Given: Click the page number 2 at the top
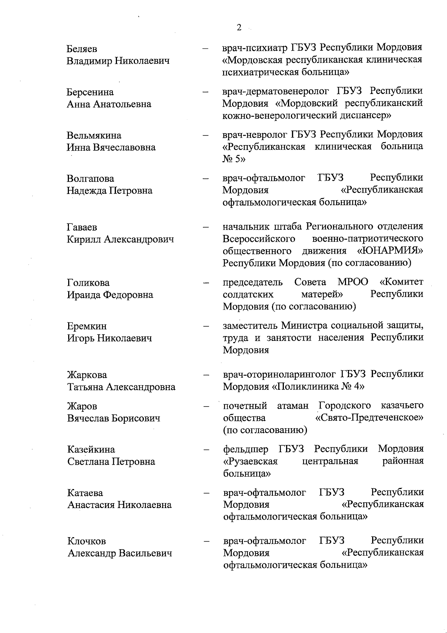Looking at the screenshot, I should coord(239,28).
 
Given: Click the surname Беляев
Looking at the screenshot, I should coord(82,49).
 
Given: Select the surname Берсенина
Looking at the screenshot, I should coord(90,92).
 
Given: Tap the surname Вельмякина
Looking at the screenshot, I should coord(94,135).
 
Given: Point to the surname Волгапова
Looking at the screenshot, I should coord(91,179).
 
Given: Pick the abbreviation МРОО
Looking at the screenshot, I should coord(353,282).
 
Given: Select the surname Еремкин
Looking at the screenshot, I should coord(87,326).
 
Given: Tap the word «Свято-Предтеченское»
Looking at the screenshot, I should coord(369,418).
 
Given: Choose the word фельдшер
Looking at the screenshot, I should coord(245,449).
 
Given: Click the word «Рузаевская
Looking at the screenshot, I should coord(250,461).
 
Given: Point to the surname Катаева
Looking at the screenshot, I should coord(85,493).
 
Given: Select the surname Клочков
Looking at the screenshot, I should coord(86,541).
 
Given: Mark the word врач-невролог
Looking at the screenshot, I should coord(255,134).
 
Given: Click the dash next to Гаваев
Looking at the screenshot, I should coord(205,227).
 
